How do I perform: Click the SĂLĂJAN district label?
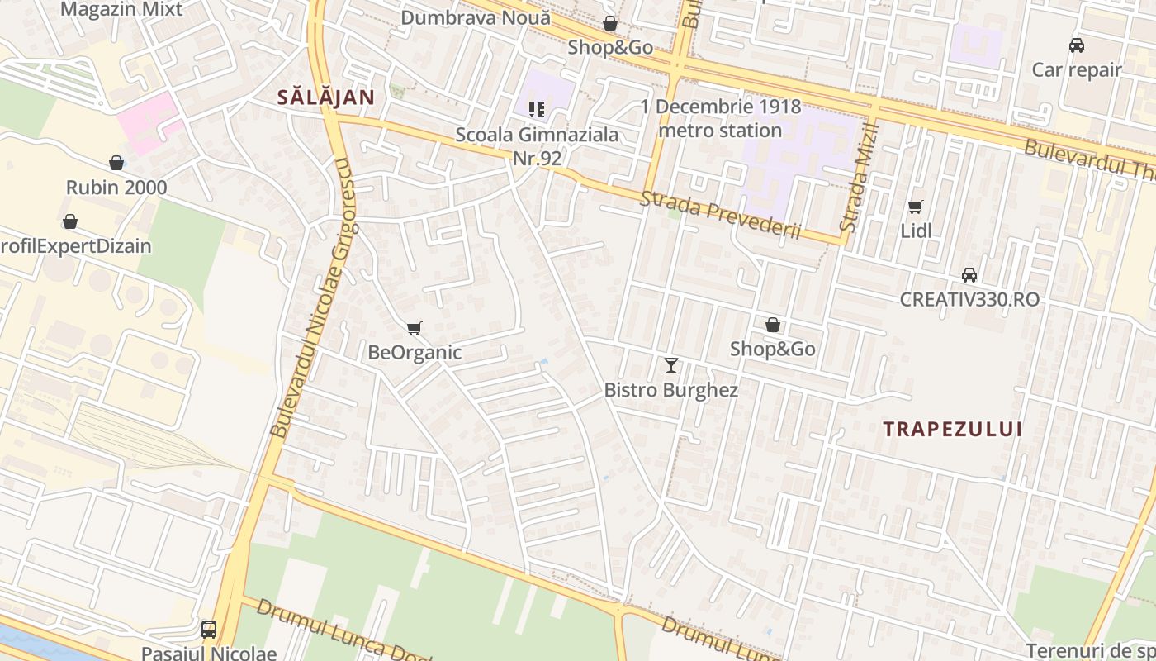[x=325, y=97]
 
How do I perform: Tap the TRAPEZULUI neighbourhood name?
[x=952, y=430]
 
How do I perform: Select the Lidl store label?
[x=916, y=231]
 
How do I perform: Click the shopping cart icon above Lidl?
[x=915, y=207]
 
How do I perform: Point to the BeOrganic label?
[x=415, y=353]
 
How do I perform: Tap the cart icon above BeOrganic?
[x=415, y=329]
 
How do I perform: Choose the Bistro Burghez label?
[x=670, y=390]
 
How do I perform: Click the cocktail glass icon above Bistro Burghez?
[x=670, y=364]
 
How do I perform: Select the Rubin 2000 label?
[x=116, y=188]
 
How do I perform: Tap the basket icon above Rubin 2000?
[x=116, y=163]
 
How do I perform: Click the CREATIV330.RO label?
[x=969, y=299]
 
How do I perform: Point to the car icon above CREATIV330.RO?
[x=969, y=274]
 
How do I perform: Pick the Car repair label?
[x=1077, y=70]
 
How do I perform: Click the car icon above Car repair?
[x=1077, y=45]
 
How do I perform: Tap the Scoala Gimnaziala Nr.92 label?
[x=537, y=145]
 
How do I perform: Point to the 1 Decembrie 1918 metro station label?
[x=721, y=118]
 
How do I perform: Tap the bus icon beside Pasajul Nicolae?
[x=209, y=630]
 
